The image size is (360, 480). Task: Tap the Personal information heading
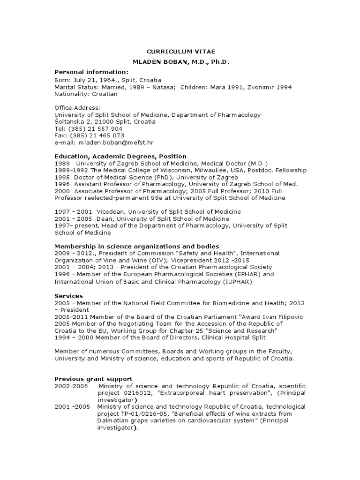click(91, 72)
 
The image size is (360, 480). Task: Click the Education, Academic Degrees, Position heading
click(120, 156)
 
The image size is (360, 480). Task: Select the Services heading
click(68, 296)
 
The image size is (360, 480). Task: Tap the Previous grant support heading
click(93, 379)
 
